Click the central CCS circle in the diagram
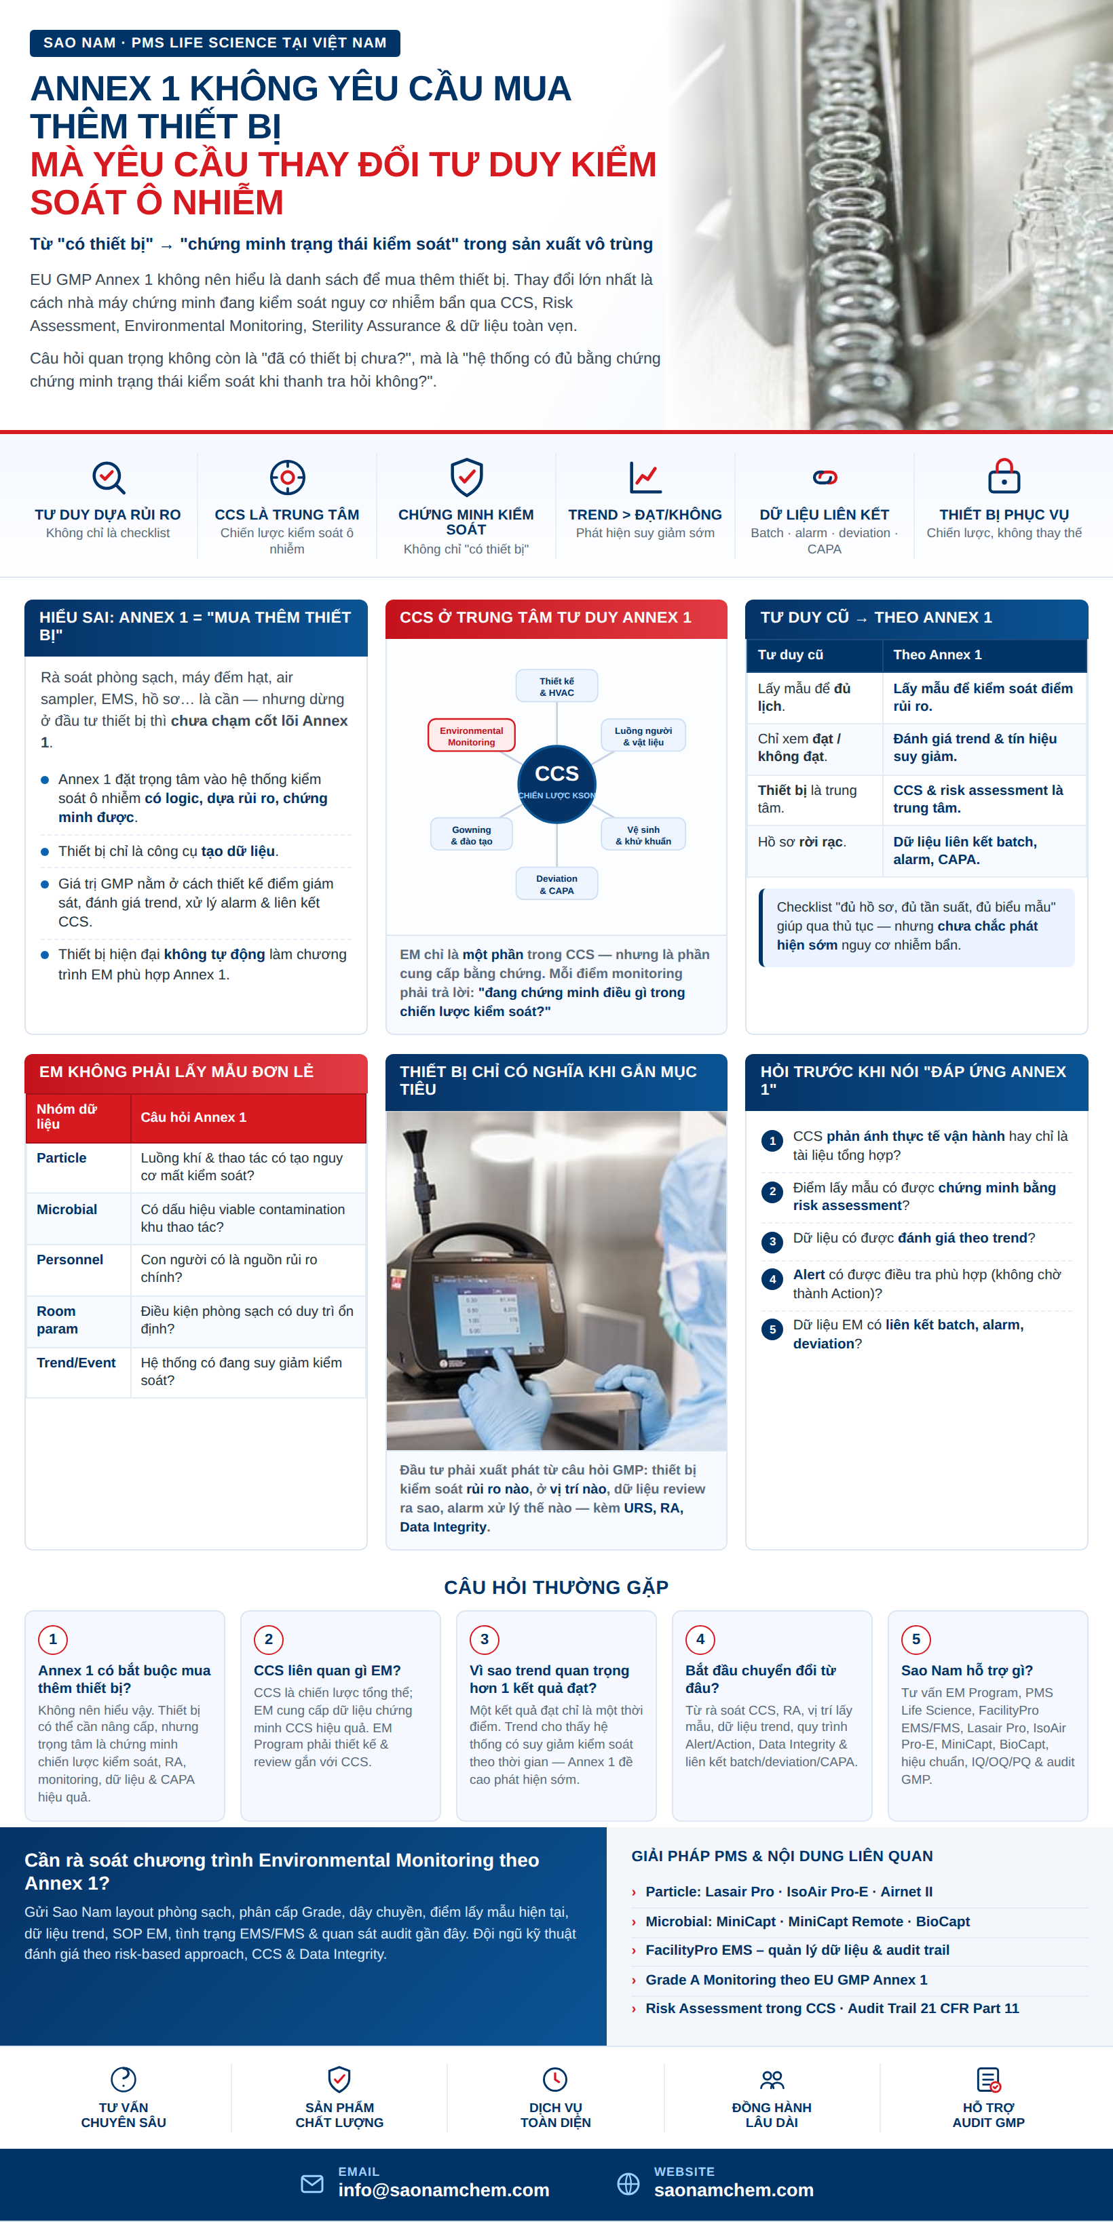[x=556, y=783]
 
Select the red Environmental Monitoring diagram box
[x=471, y=736]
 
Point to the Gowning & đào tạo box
[x=471, y=835]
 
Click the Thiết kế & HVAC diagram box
[x=556, y=686]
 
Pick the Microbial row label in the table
[x=67, y=1209]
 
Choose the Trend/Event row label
[x=76, y=1363]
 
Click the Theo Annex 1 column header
[x=937, y=655]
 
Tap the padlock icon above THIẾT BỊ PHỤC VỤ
[x=1004, y=476]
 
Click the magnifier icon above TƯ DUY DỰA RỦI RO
[x=109, y=477]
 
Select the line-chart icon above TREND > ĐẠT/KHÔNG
[x=645, y=477]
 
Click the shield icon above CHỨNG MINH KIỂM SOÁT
[x=466, y=477]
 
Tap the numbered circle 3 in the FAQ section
[x=484, y=1639]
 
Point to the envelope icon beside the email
[x=312, y=2183]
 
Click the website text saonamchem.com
[x=734, y=2190]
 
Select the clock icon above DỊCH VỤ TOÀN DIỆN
[x=554, y=2078]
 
